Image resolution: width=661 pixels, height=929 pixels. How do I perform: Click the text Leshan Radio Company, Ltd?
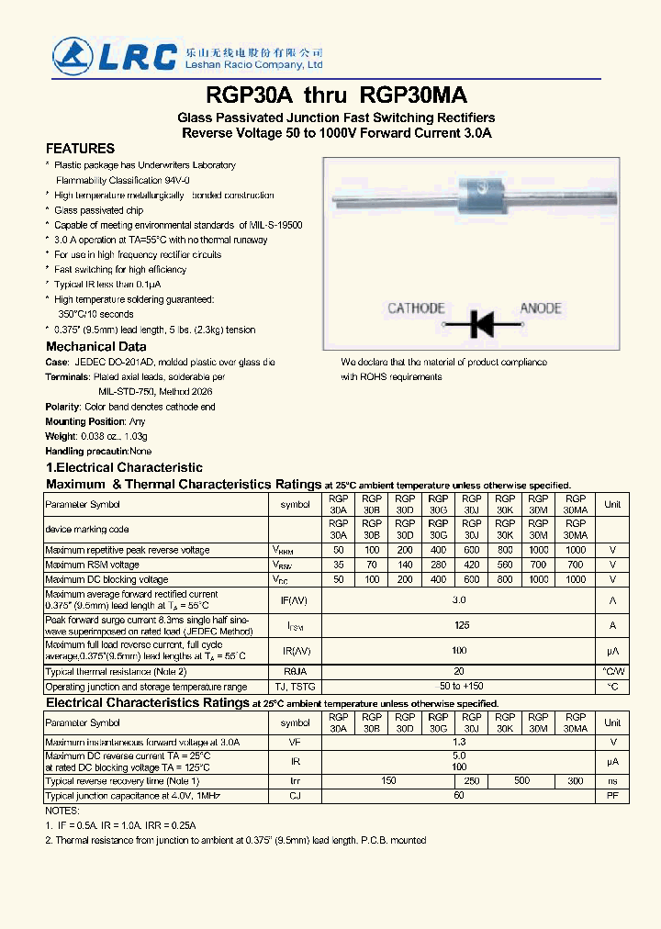point(262,65)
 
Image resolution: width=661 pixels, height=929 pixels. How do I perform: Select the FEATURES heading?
point(81,149)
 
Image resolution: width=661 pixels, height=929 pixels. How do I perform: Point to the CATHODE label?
point(416,308)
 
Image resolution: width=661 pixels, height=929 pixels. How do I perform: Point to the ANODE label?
point(541,308)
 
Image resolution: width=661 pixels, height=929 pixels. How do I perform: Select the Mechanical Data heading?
point(96,347)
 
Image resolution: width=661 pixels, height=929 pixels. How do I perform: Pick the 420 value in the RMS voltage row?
point(472,565)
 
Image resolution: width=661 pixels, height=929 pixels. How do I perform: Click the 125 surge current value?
point(462,625)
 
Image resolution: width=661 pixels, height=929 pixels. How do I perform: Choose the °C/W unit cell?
point(612,672)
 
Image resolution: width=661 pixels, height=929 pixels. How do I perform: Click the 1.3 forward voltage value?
point(459,742)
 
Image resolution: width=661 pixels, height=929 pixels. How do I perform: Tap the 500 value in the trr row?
point(521,780)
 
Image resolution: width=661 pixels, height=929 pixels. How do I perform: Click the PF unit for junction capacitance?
point(612,796)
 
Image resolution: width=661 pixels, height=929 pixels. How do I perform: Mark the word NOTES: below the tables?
point(62,811)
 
